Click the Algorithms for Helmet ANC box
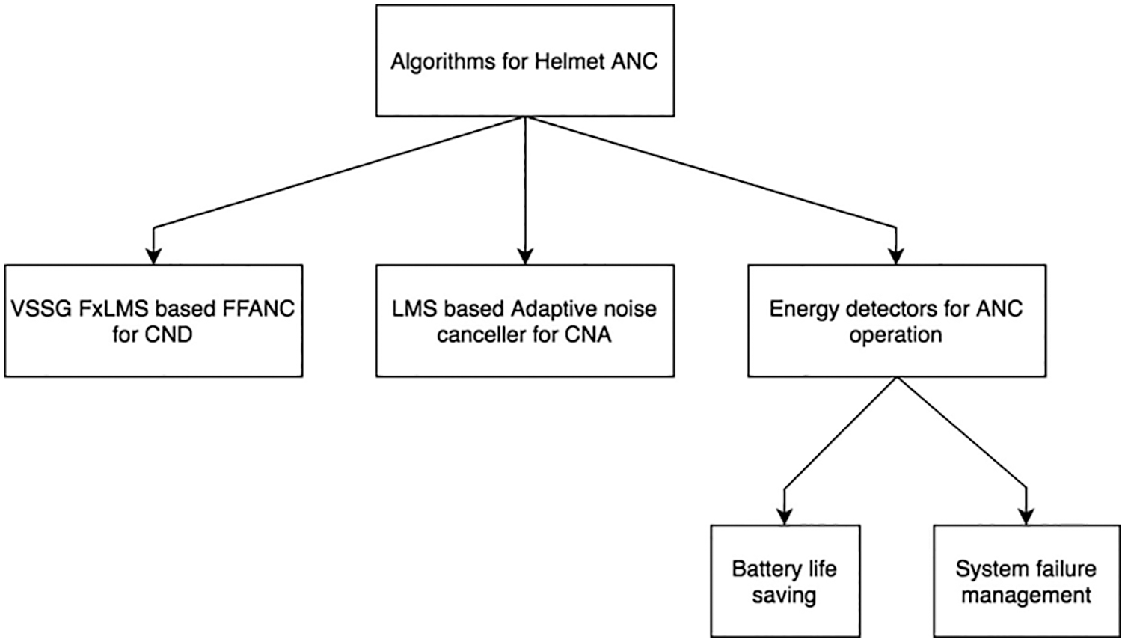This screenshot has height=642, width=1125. [x=524, y=61]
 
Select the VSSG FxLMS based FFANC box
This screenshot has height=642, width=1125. [x=153, y=320]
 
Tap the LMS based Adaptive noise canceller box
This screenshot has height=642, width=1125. [x=524, y=320]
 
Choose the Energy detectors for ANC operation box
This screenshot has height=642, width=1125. [x=896, y=320]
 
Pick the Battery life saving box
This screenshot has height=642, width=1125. [x=785, y=581]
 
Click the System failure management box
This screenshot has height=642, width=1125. [x=1026, y=581]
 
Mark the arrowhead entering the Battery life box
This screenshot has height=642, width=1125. [x=785, y=517]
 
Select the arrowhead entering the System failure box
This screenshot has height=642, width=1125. [x=1026, y=517]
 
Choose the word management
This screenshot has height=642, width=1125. [x=1026, y=596]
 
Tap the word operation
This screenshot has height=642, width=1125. [x=895, y=334]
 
